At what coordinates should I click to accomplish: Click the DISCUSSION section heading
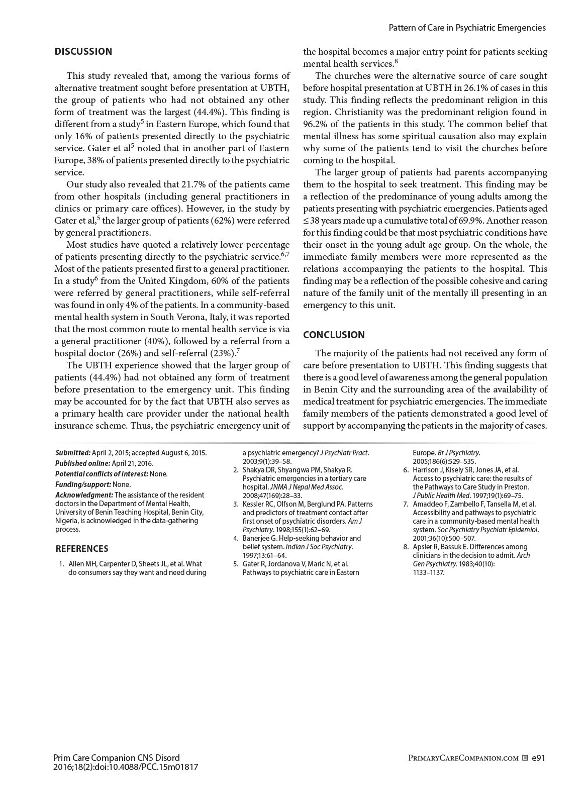click(83, 51)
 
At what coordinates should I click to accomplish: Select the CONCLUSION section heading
click(334, 335)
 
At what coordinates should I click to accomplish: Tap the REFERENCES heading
click(81, 548)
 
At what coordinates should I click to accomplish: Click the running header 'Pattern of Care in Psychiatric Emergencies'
click(467, 28)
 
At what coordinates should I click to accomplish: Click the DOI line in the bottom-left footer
click(125, 767)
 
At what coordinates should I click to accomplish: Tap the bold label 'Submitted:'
click(73, 452)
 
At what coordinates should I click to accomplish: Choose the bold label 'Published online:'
click(82, 463)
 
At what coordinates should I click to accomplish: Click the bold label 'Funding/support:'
click(83, 484)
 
